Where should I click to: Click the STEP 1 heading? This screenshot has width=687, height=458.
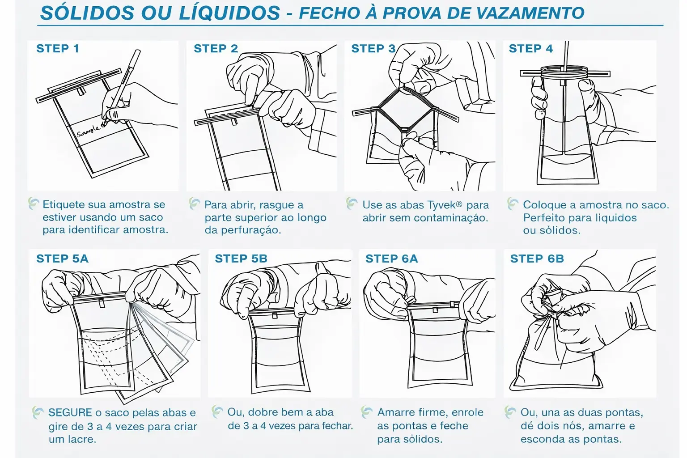coord(58,48)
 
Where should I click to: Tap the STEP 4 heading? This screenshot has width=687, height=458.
coord(530,48)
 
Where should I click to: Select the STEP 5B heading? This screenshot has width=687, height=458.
coord(241,259)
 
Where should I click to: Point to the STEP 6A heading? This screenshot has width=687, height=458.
coord(392,259)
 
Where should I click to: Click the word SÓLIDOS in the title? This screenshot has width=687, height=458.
coord(87,13)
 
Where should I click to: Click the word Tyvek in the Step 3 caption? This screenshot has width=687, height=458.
coord(441,205)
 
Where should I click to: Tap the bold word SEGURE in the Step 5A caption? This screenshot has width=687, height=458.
coord(70,412)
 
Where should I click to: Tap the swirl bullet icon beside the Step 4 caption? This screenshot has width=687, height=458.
coord(513,204)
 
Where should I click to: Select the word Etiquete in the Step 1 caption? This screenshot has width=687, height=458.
coord(63,204)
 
